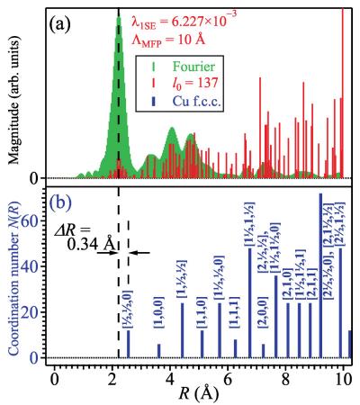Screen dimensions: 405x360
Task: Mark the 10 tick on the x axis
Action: coord(340,374)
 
